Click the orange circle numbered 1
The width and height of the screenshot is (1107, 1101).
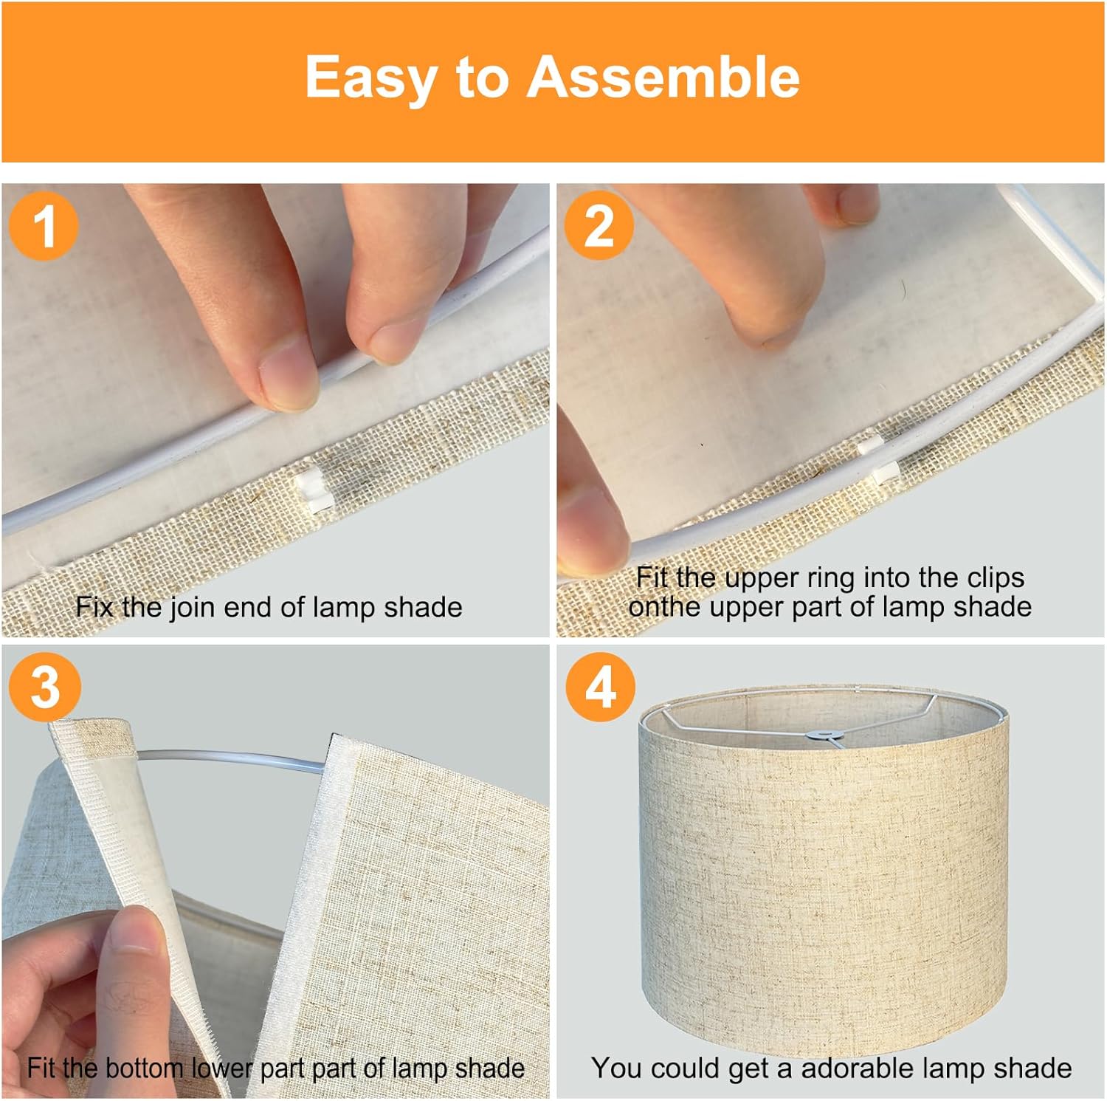pyautogui.click(x=44, y=226)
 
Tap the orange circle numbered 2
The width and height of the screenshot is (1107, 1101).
pyautogui.click(x=599, y=225)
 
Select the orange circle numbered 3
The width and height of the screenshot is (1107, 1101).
pyautogui.click(x=45, y=687)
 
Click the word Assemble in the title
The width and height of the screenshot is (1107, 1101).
pyautogui.click(x=663, y=76)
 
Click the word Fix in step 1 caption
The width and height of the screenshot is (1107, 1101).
pyautogui.click(x=94, y=607)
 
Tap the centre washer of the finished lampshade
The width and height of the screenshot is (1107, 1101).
pyautogui.click(x=821, y=735)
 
